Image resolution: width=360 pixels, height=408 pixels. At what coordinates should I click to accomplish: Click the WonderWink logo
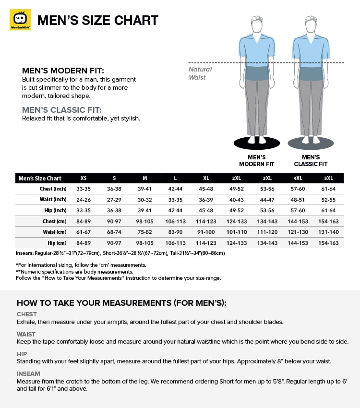pos(20,20)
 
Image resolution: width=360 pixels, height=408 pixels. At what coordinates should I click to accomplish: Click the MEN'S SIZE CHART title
pos(98,20)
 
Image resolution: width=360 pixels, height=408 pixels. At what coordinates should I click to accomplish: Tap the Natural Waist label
pos(200,73)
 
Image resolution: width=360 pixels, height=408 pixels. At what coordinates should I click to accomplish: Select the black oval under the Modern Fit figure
pos(256,143)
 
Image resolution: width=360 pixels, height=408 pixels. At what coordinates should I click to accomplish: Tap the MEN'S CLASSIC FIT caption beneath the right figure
pos(311,160)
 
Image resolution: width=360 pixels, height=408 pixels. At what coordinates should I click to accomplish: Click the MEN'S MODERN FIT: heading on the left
pos(63,71)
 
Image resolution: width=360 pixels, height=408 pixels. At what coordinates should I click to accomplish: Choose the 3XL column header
pos(268,178)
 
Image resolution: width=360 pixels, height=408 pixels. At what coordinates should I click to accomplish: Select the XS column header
pos(84,178)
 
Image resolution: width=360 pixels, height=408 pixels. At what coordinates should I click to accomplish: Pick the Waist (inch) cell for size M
pos(144,199)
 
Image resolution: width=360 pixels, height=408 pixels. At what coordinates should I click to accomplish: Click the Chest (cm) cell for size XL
pos(206,221)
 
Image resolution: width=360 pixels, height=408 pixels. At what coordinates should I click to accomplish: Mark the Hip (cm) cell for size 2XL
pos(237,243)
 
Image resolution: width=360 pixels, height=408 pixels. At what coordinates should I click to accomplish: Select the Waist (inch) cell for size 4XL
pos(299,199)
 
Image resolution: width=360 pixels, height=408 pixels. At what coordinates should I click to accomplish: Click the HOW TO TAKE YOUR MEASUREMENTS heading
pos(121,303)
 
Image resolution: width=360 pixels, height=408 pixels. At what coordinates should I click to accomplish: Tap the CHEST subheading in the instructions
pos(27,314)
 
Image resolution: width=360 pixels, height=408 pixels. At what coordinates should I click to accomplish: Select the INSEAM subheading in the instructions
pos(28,373)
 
